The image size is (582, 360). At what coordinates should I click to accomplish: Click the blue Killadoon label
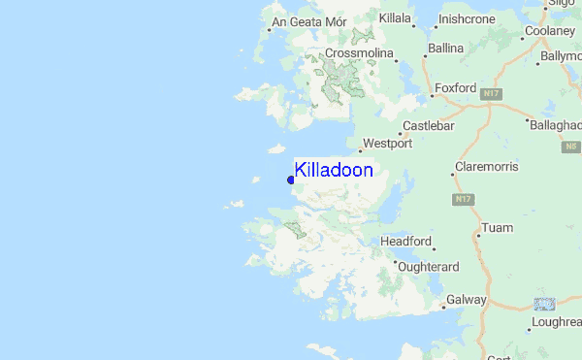tap(334, 171)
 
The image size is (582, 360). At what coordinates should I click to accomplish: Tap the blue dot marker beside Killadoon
tap(291, 179)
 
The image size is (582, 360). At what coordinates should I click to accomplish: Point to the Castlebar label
tap(428, 127)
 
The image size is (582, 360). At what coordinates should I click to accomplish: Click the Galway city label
tap(467, 300)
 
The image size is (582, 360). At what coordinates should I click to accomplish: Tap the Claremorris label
tap(489, 168)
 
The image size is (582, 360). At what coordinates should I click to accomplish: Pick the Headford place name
tap(406, 241)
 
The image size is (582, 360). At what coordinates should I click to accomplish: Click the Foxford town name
tap(456, 88)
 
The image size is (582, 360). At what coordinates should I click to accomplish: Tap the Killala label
tap(396, 18)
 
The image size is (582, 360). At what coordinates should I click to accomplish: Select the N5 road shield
tap(570, 146)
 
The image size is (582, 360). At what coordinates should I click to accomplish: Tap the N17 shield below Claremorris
tap(464, 199)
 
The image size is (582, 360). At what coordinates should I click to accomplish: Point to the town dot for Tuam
tap(477, 234)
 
